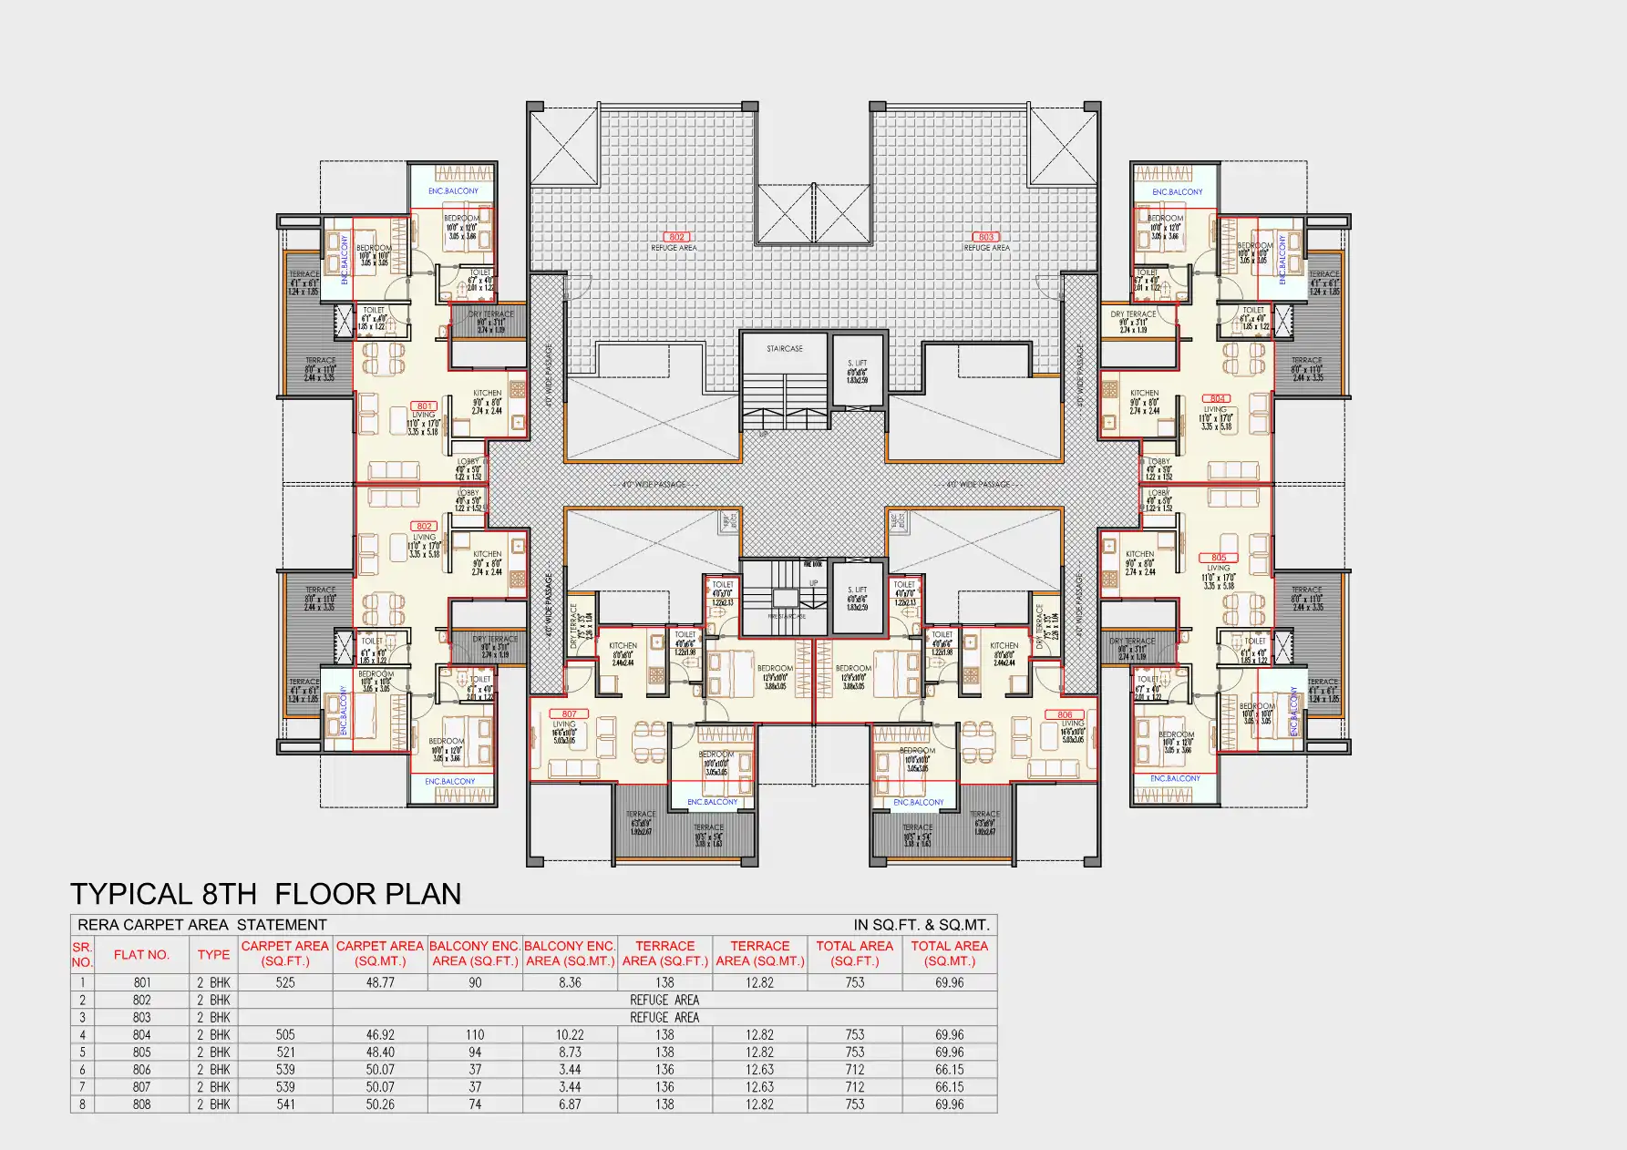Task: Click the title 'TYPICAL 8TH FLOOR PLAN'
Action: (265, 894)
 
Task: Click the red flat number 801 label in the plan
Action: (425, 406)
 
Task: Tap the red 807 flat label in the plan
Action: (570, 714)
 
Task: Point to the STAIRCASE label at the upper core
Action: (784, 349)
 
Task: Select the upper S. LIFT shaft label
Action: (857, 364)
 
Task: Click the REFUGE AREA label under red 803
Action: (987, 248)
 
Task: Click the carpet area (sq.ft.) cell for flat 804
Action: (285, 1035)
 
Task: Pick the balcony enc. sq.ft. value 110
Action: (475, 1035)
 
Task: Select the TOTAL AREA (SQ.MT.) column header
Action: (949, 953)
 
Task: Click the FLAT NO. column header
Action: (141, 955)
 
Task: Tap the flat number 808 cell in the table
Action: (141, 1104)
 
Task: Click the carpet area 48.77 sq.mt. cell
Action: (380, 983)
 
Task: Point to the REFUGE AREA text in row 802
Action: (664, 1001)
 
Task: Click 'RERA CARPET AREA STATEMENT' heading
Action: (201, 925)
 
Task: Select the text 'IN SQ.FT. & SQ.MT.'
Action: (921, 925)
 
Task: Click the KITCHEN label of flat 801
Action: (487, 394)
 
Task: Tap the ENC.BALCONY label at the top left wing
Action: (453, 191)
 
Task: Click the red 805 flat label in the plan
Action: (1219, 558)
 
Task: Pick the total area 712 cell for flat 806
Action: (854, 1070)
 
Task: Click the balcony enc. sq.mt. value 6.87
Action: (570, 1104)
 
